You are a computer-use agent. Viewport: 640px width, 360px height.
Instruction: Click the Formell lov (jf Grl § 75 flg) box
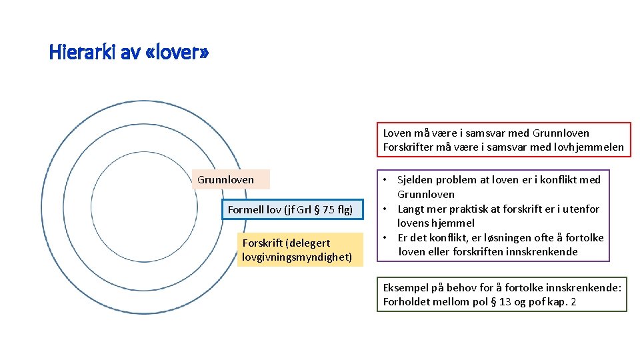[x=290, y=209]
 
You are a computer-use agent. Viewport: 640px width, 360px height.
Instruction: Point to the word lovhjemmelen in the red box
[x=591, y=147]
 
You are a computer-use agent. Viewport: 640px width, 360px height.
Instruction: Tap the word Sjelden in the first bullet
[x=415, y=179]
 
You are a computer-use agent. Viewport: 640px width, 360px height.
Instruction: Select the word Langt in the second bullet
[x=411, y=209]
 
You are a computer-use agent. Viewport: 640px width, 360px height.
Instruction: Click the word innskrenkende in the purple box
[x=544, y=251]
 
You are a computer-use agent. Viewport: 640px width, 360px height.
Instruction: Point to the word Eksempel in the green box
[x=406, y=287]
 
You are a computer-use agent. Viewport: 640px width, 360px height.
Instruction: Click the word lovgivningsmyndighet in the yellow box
[x=297, y=257]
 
